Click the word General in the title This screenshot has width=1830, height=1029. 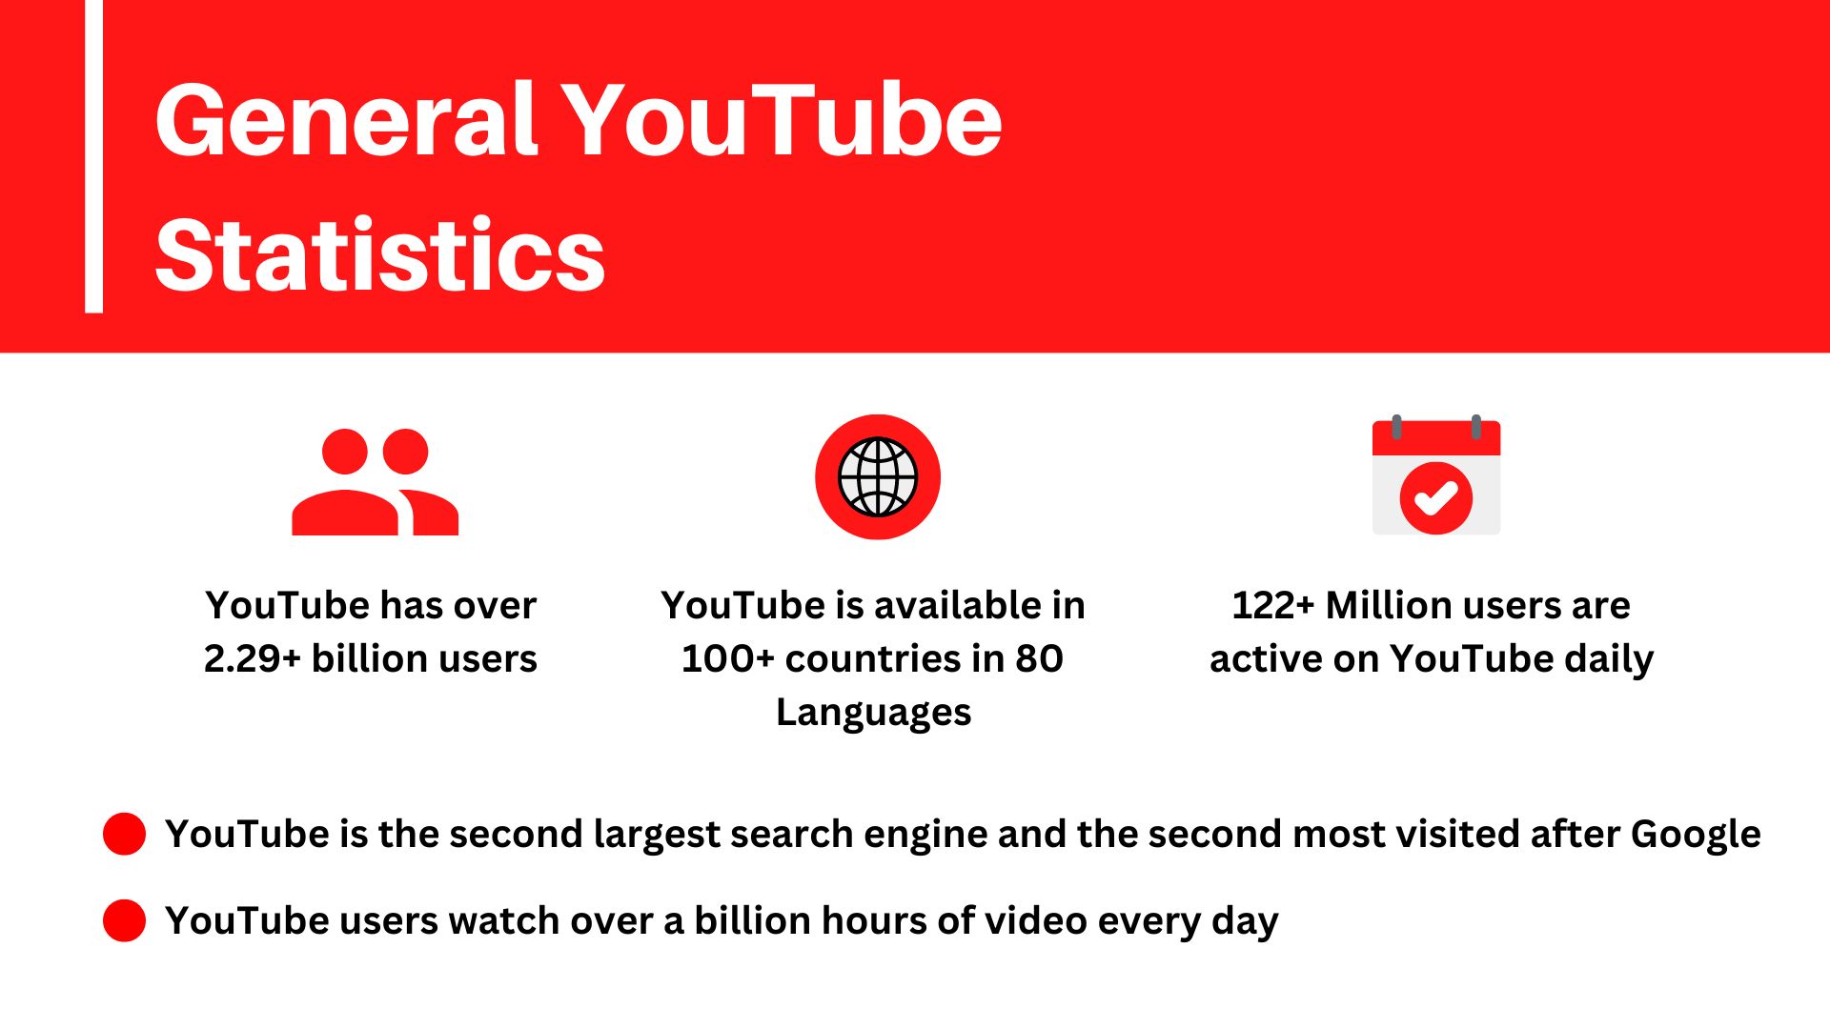click(347, 121)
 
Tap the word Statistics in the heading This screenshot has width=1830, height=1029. click(379, 255)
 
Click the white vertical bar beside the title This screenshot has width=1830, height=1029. click(93, 156)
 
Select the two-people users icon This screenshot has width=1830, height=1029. click(375, 481)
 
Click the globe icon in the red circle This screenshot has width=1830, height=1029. click(877, 476)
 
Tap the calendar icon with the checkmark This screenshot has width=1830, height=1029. click(1435, 476)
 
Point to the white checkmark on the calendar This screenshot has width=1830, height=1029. click(1435, 497)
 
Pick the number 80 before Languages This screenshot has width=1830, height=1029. click(1039, 659)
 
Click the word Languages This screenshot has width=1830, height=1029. click(873, 713)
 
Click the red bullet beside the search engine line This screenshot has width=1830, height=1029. click(124, 834)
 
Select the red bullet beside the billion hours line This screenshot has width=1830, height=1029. click(124, 920)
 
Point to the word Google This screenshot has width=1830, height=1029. click(1696, 835)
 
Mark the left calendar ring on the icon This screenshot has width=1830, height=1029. click(1396, 426)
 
